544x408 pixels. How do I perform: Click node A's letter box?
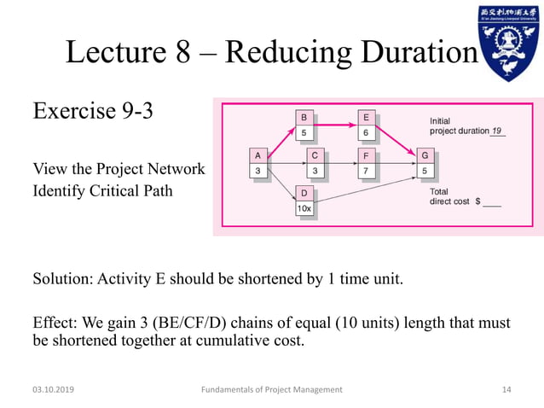click(258, 155)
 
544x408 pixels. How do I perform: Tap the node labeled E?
click(366, 117)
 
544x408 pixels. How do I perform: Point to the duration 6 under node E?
click(366, 132)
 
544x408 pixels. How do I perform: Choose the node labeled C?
click(315, 155)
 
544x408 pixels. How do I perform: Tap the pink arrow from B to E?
click(335, 125)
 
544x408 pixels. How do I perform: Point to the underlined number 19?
click(497, 131)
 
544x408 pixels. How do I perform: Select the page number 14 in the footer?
click(506, 389)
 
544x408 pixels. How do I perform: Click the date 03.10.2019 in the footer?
click(52, 389)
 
